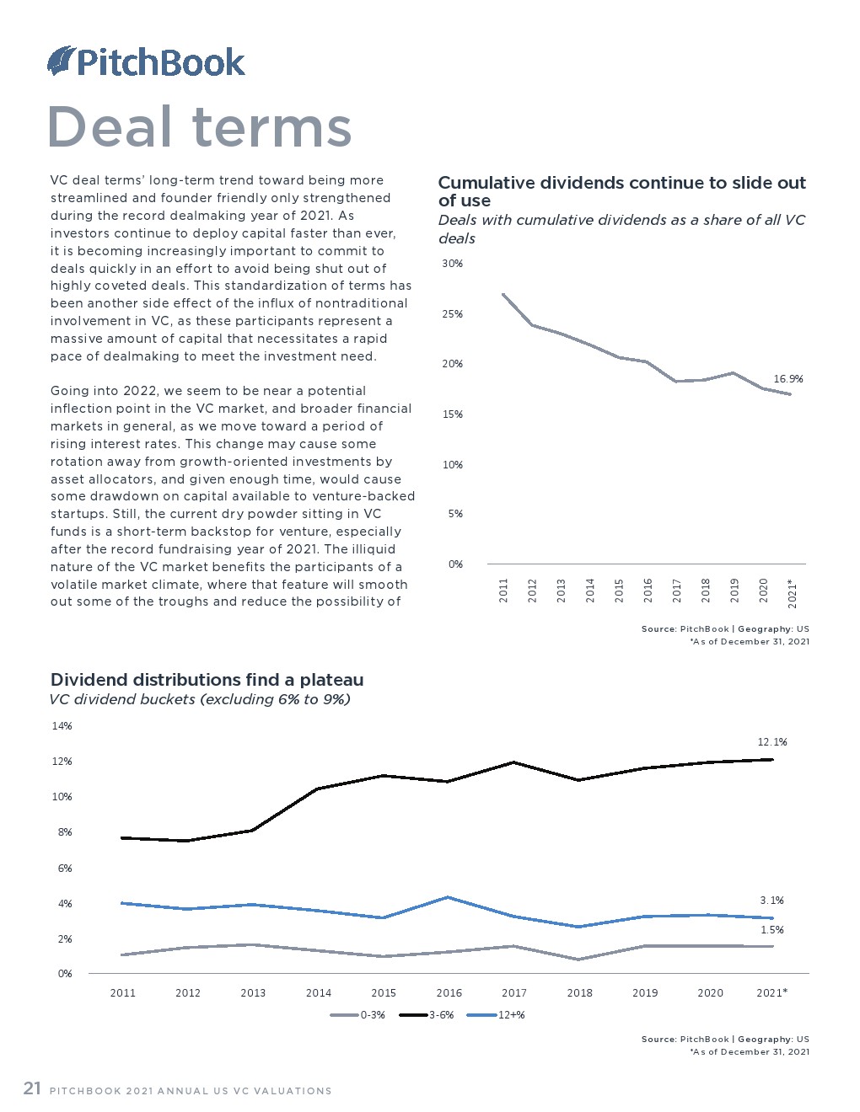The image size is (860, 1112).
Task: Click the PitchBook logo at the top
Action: tap(146, 61)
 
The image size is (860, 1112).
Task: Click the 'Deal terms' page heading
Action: tap(200, 126)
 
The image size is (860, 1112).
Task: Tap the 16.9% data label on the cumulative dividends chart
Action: tap(787, 379)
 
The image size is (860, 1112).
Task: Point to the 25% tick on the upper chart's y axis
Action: tap(452, 313)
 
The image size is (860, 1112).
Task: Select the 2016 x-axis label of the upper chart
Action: tap(648, 590)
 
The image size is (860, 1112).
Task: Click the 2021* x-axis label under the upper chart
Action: tap(793, 593)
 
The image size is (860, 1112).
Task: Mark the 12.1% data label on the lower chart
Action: tap(772, 741)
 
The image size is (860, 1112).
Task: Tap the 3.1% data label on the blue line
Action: tap(771, 901)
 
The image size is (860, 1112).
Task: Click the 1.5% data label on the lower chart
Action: tap(771, 930)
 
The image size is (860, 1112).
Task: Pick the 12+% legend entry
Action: tap(496, 1015)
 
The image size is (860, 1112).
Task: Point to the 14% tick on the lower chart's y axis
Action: tap(62, 725)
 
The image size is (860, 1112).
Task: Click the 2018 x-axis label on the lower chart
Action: tap(579, 992)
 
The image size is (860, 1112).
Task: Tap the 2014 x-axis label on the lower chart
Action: tap(318, 992)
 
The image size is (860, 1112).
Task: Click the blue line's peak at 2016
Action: tap(449, 897)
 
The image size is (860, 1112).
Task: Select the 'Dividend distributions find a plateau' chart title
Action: tap(207, 680)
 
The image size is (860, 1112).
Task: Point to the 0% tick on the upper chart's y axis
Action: tap(455, 564)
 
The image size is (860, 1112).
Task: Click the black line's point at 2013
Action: tap(252, 830)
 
